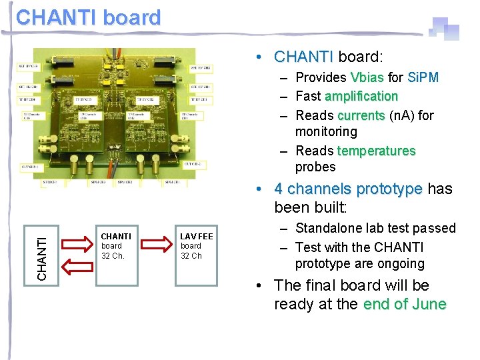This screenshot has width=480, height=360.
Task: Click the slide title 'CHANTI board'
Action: (89, 17)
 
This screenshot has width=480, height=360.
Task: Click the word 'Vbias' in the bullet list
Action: (367, 77)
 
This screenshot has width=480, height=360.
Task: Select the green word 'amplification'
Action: (361, 96)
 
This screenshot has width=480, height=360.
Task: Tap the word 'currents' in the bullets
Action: (361, 115)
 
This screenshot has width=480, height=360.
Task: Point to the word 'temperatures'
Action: (376, 151)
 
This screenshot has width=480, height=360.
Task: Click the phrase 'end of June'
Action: (405, 305)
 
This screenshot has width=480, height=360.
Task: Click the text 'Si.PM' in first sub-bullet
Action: (423, 77)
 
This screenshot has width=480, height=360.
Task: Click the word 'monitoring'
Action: (326, 131)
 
